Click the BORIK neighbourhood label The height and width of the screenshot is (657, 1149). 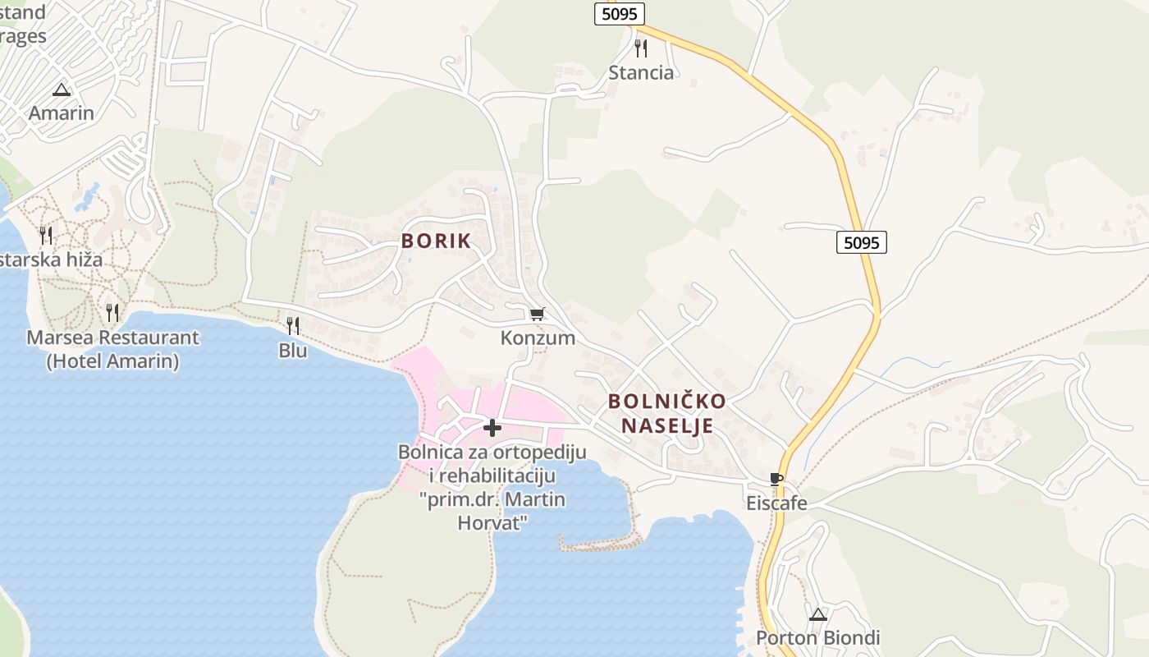click(x=436, y=241)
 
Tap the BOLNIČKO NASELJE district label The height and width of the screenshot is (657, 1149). click(x=666, y=413)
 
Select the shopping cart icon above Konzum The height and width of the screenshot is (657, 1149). click(x=538, y=314)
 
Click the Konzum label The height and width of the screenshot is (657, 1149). click(x=538, y=338)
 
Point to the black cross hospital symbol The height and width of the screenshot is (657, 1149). click(x=492, y=428)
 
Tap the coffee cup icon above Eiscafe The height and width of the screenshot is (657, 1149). click(x=776, y=479)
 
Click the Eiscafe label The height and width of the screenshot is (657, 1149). click(x=776, y=503)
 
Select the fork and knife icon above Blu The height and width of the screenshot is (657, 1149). click(x=293, y=325)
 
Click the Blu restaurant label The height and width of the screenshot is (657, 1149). click(x=293, y=351)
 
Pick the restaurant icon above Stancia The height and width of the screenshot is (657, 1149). click(x=641, y=48)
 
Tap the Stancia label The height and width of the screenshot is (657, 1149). click(x=641, y=72)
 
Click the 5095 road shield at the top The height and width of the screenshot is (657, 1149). click(x=620, y=14)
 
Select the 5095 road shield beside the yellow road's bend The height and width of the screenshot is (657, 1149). click(x=862, y=242)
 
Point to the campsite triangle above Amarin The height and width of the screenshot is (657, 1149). click(x=62, y=90)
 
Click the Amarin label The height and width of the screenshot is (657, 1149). click(x=62, y=113)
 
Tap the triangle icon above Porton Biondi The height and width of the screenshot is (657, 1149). click(x=817, y=614)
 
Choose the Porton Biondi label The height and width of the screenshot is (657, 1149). click(x=817, y=638)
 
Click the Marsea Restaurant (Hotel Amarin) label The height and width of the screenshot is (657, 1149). click(x=112, y=349)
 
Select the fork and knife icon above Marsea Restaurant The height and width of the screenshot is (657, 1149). click(x=112, y=313)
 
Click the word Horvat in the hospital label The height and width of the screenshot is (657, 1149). click(x=492, y=522)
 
